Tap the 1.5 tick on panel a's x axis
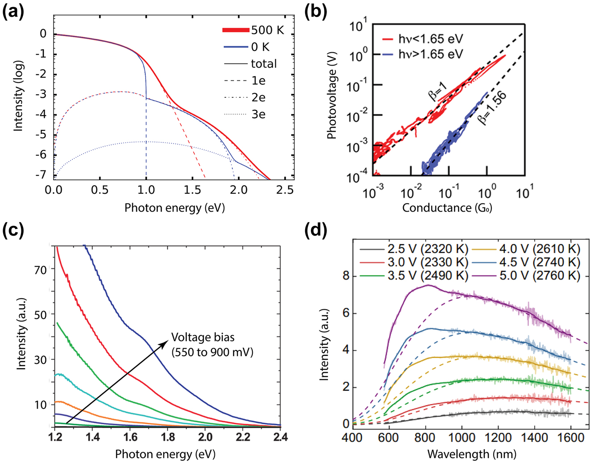point(192,190)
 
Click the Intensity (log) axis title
point(18,96)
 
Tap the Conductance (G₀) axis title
point(447,208)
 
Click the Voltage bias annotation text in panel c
point(212,345)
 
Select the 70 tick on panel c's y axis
point(42,269)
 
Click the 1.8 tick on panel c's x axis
point(168,436)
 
